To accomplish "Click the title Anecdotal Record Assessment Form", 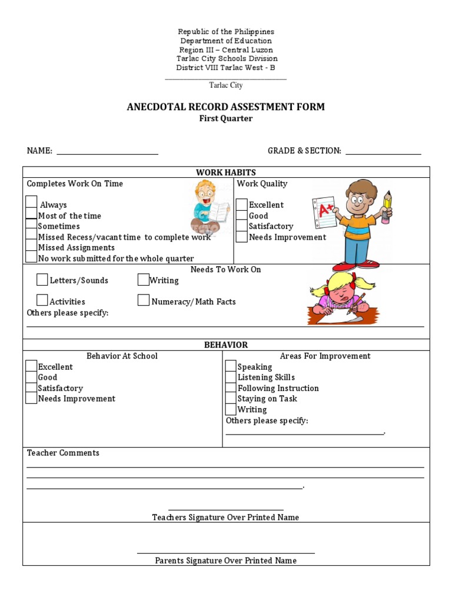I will coord(225,107).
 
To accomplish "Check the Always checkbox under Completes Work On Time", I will coord(31,202).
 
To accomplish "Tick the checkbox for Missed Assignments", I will coord(31,247).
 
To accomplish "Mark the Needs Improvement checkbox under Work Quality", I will coord(241,237).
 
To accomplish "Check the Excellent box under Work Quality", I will coord(241,204).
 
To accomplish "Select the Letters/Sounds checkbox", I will coord(42,279).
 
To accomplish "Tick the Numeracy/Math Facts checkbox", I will coord(143,300).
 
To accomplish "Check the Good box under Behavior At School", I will coord(31,377).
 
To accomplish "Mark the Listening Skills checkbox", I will coord(231,377).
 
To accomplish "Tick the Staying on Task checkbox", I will coord(231,399).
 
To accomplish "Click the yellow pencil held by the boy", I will coord(387,206).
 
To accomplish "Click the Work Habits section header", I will coord(225,172).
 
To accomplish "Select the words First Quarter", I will coord(225,118).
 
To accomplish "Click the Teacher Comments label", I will coord(63,453).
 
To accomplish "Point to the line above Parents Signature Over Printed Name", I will coord(225,553).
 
